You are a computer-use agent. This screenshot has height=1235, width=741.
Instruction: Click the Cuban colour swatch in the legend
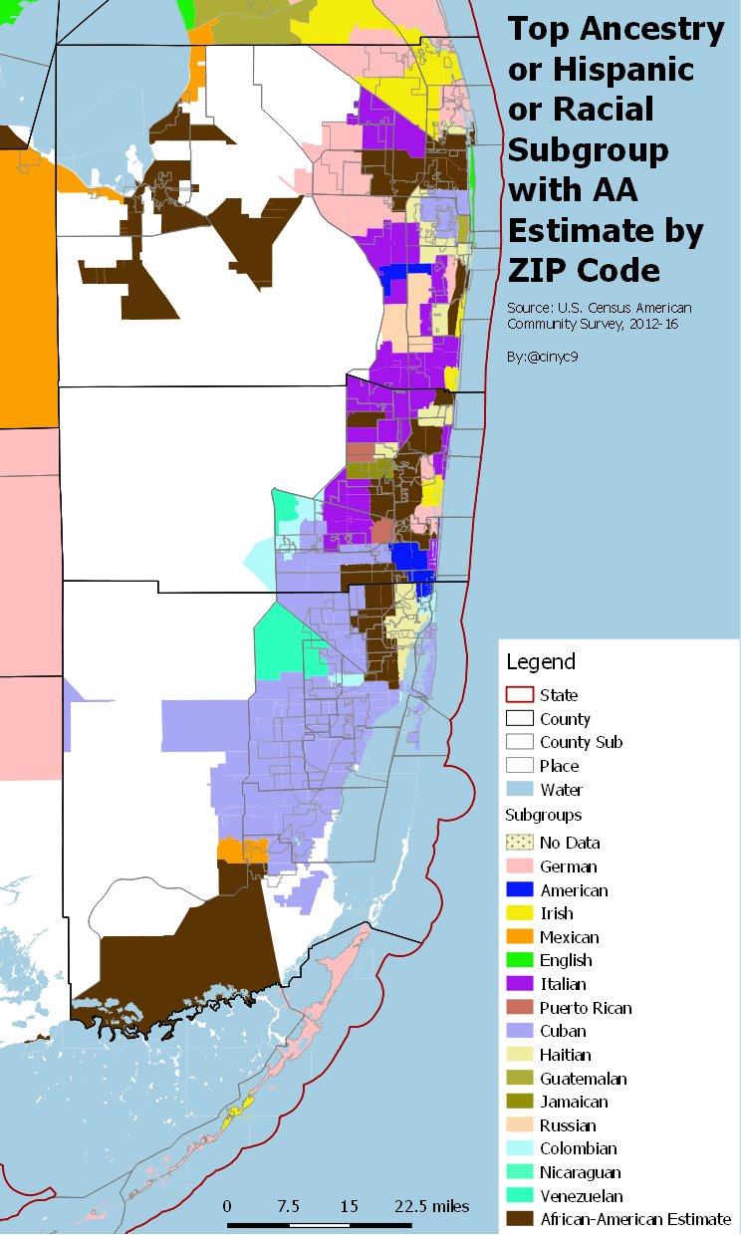tap(519, 1031)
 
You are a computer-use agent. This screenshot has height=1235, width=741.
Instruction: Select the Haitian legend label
tap(565, 1055)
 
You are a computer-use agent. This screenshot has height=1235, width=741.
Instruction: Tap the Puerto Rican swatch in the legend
tap(519, 1008)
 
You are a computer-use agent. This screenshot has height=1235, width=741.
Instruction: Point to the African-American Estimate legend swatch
tap(519, 1219)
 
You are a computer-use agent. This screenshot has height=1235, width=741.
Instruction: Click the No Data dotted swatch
tap(519, 843)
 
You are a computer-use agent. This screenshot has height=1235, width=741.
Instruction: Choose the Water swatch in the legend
tap(519, 790)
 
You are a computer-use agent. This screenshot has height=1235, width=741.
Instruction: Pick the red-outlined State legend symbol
tap(519, 695)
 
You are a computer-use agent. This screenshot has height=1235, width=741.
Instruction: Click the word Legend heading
tap(541, 661)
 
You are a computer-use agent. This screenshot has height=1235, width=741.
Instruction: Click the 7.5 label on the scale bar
tap(288, 1205)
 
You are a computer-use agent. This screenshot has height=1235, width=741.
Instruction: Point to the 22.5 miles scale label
tap(431, 1205)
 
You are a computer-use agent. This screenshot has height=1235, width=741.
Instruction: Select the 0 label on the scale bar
tap(227, 1205)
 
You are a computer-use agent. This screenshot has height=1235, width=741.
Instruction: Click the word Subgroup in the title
tap(588, 149)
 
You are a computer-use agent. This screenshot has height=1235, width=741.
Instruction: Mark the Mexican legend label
tap(570, 937)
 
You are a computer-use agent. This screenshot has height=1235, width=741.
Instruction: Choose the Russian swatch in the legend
tap(519, 1125)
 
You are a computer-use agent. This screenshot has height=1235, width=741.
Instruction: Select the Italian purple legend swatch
tap(519, 984)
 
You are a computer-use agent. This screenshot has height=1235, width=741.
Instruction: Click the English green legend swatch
tap(519, 960)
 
